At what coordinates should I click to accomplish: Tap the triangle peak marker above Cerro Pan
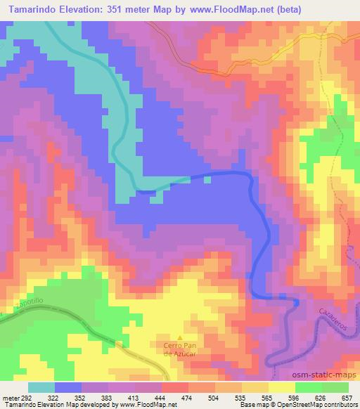tap(179, 337)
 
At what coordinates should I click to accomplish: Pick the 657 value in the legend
tap(345, 397)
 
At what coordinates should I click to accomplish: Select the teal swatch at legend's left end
tap(42, 387)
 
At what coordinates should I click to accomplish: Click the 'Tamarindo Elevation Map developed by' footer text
tap(55, 405)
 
